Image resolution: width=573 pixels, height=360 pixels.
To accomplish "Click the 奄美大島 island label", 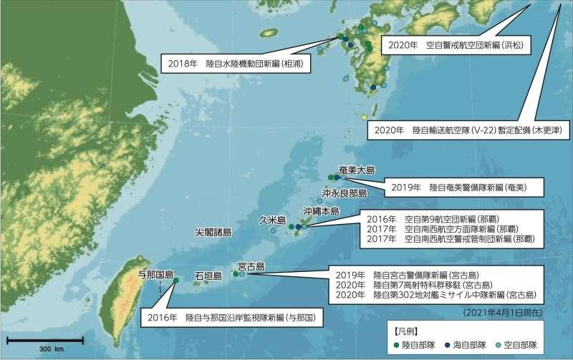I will tap(356, 170).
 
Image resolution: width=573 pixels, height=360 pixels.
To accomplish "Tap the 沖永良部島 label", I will tap(344, 193).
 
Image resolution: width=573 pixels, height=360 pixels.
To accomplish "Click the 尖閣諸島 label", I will tap(213, 233).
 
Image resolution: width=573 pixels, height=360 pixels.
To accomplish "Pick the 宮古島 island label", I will tap(251, 267).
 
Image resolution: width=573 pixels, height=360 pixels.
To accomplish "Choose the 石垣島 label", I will tap(207, 275).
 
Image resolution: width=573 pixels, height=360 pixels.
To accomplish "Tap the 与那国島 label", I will tap(155, 274).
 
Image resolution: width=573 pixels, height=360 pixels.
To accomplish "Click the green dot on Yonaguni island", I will tap(175, 281).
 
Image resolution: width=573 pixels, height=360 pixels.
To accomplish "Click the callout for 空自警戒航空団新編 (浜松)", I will tap(456, 44).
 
